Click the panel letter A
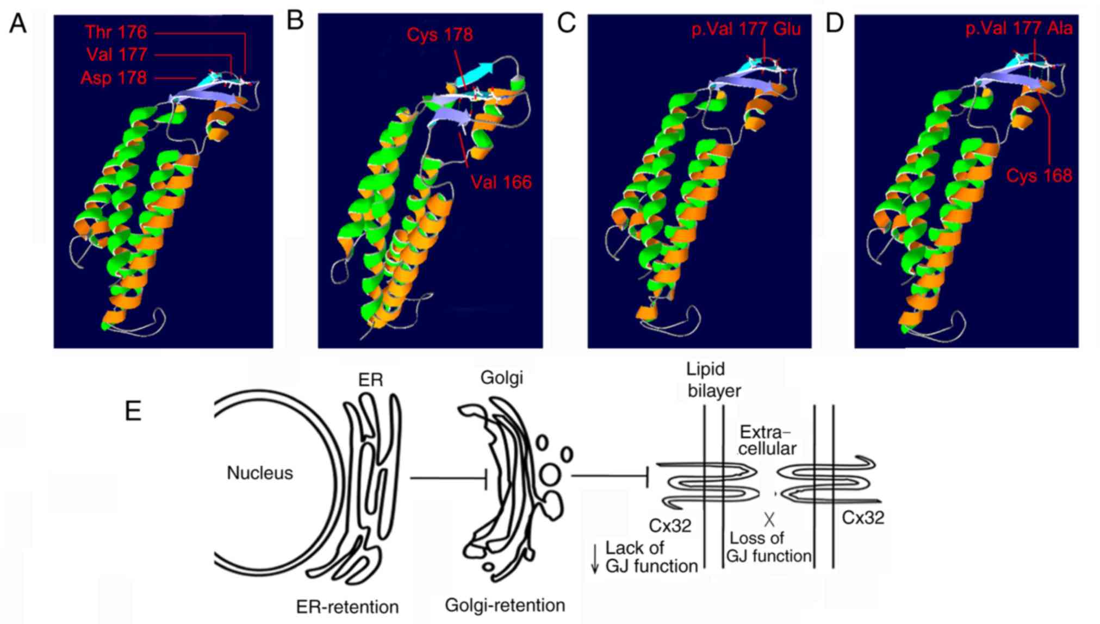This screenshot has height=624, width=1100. (18, 24)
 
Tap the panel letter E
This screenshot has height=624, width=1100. (133, 411)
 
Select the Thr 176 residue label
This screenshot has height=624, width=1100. (116, 32)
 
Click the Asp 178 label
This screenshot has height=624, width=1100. (114, 78)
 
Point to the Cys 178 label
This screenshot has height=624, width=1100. (439, 35)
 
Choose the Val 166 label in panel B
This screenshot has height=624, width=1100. (501, 182)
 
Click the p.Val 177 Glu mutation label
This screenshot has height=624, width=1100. (746, 28)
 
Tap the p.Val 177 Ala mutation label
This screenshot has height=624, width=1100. (1019, 28)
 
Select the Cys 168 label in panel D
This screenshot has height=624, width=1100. (1039, 176)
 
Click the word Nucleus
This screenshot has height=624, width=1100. (259, 473)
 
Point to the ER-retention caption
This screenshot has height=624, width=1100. (347, 607)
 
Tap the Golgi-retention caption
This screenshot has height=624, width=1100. (505, 605)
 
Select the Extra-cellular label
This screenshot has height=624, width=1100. (766, 440)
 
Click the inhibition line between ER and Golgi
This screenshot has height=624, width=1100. (449, 478)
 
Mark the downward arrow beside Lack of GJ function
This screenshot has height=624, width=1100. (595, 558)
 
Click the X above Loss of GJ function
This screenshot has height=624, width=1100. (769, 520)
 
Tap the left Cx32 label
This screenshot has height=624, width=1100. (670, 526)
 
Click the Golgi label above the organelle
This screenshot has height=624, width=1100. (501, 377)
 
